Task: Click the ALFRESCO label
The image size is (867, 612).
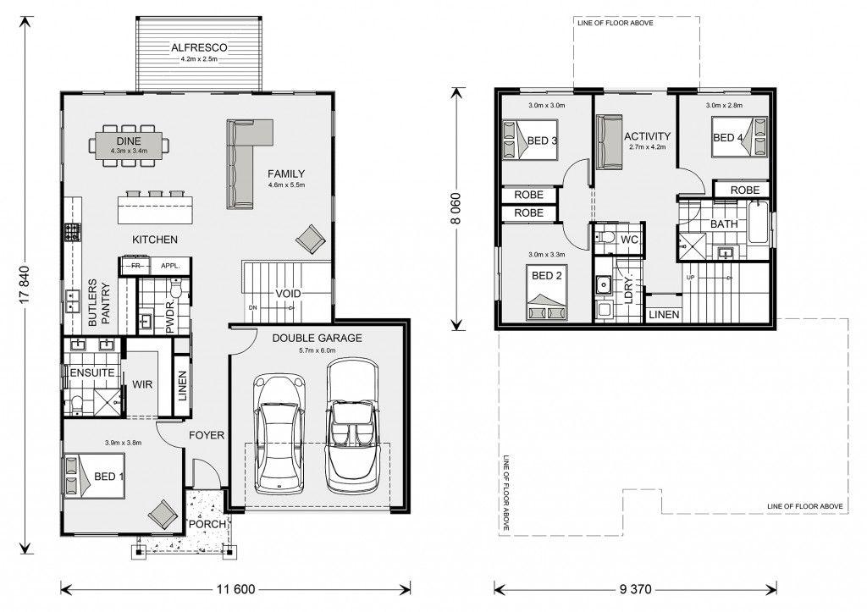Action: tap(198, 47)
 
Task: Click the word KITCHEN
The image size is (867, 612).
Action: tap(155, 240)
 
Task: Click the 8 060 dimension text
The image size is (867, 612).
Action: tap(456, 208)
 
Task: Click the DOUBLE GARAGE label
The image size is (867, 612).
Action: tap(317, 338)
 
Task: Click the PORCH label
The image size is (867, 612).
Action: tap(207, 524)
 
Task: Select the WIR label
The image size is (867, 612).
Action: tap(142, 384)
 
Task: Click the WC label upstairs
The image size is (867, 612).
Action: tap(629, 240)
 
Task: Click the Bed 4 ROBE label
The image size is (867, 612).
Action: tap(745, 190)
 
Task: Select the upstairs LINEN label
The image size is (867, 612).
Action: tap(664, 315)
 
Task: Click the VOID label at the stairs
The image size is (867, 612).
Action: tap(288, 294)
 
